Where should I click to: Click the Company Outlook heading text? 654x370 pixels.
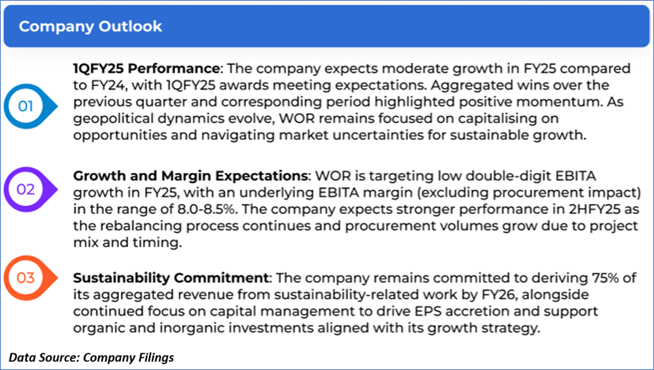(x=90, y=26)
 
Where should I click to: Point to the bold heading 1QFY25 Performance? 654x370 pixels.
(x=146, y=68)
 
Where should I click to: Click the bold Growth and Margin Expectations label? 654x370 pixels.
(x=191, y=176)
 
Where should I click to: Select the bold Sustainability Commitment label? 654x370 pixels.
(x=171, y=277)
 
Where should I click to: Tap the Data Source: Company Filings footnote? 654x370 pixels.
(x=91, y=357)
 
